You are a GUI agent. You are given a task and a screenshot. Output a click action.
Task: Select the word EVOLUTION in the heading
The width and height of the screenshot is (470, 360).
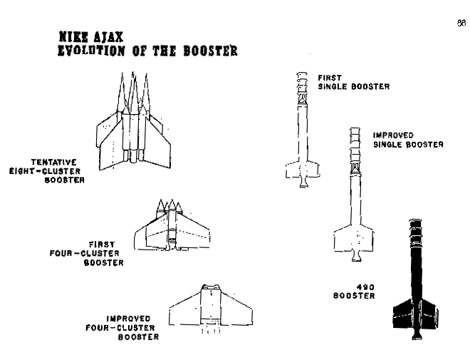click(91, 51)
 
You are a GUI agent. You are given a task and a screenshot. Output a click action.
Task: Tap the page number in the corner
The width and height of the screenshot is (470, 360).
click(461, 23)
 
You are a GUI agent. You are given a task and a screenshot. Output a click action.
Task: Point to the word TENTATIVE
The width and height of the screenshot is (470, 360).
click(54, 163)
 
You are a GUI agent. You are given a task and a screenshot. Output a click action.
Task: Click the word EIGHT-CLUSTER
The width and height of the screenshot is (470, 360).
click(45, 171)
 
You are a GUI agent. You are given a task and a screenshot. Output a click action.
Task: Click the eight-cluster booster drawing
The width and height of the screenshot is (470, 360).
click(134, 121)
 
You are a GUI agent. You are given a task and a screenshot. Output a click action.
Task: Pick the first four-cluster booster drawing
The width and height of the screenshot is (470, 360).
click(172, 225)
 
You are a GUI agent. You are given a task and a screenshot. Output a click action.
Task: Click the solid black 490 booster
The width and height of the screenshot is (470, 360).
click(415, 279)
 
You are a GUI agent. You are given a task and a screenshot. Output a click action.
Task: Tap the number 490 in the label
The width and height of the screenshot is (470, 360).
click(365, 287)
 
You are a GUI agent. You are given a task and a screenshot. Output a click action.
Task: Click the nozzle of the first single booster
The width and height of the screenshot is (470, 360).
click(303, 182)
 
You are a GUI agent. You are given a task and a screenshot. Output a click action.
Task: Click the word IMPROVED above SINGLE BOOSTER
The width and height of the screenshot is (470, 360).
click(393, 135)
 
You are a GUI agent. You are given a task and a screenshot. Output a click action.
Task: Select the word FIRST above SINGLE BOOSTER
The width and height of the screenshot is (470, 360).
click(330, 78)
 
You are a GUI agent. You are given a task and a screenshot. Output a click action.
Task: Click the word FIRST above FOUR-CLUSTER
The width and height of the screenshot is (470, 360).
click(102, 245)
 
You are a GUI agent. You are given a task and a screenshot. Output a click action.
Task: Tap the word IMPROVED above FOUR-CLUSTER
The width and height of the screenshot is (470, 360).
click(128, 319)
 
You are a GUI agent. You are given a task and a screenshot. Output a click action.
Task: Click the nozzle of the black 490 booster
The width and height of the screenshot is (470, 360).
click(416, 334)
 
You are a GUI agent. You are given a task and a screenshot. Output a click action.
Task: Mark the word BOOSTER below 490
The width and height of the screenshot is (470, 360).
click(354, 296)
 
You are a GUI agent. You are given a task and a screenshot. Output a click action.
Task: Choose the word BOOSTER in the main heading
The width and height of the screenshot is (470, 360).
click(210, 51)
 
